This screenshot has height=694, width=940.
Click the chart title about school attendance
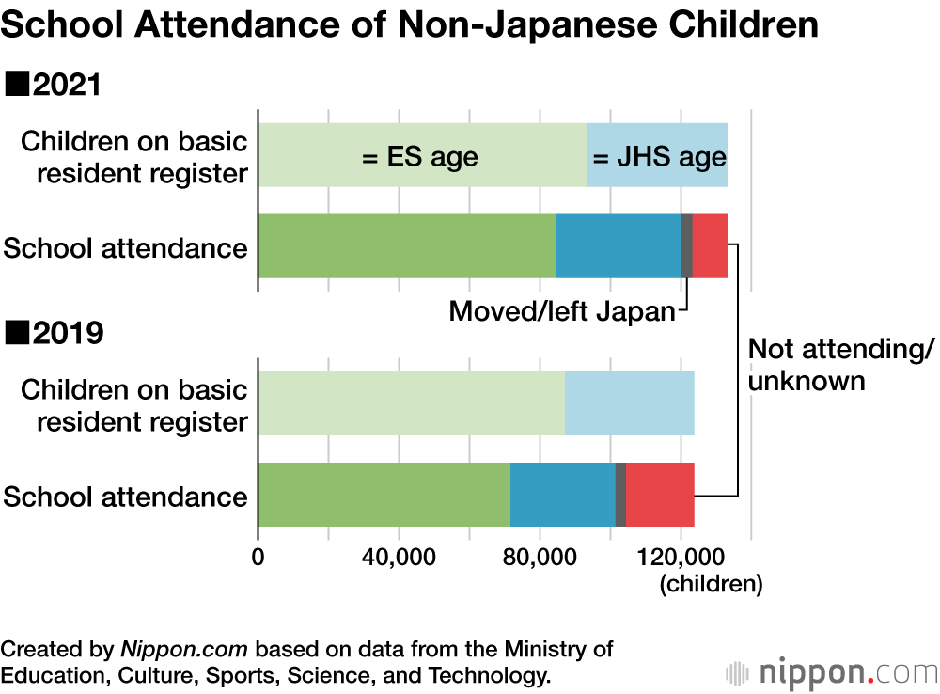click(409, 25)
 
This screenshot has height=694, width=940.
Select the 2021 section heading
click(54, 86)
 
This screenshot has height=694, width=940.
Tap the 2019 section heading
click(54, 333)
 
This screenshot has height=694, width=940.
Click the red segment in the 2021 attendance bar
click(710, 245)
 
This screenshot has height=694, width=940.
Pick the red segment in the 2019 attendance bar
click(660, 495)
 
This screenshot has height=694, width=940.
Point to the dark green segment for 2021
click(406, 245)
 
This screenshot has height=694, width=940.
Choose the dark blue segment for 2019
click(562, 495)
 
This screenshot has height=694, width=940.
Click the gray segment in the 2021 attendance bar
click(687, 245)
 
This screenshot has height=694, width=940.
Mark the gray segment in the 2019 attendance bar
click(620, 495)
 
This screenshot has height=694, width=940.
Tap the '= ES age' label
click(419, 156)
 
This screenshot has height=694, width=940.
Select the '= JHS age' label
click(659, 156)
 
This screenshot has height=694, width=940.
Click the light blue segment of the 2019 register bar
click(629, 403)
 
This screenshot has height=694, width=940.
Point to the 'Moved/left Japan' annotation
click(562, 311)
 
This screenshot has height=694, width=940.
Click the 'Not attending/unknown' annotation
click(839, 365)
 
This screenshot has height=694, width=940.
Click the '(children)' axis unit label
click(710, 584)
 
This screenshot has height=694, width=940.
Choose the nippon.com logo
click(832, 673)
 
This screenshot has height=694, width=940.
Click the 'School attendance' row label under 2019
click(126, 497)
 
